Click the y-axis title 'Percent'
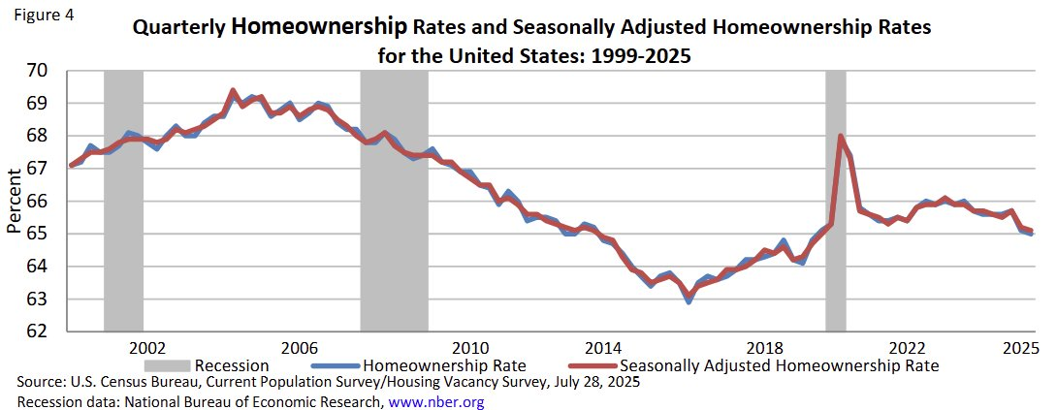[x=14, y=201]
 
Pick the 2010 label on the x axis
[x=469, y=347]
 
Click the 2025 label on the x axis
[x=1016, y=347]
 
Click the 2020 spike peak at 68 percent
[x=840, y=136]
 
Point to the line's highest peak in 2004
[x=233, y=90]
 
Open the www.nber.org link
[x=435, y=400]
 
